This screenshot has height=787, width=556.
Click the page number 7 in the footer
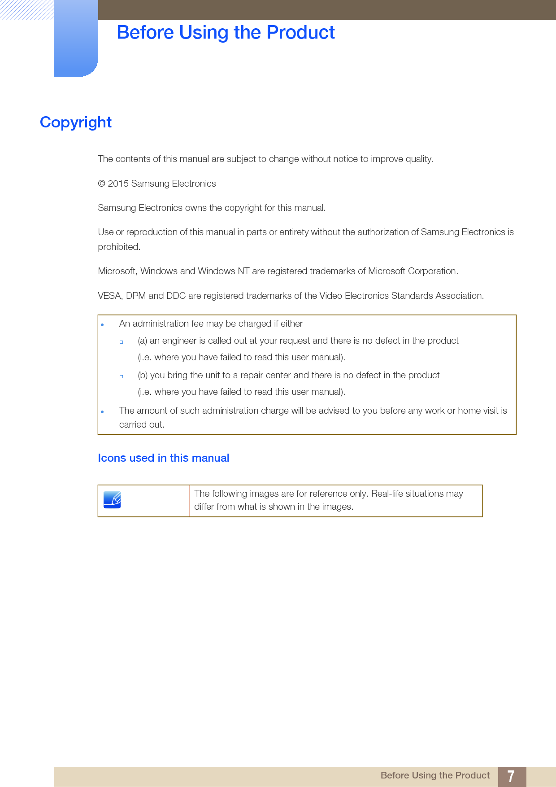(511, 776)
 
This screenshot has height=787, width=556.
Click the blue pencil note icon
(112, 500)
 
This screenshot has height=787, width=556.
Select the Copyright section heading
(76, 122)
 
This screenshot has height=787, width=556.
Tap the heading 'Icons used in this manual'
(163, 458)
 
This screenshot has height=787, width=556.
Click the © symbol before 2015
(101, 184)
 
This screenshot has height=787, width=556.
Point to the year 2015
(118, 184)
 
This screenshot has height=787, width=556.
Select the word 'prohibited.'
(119, 247)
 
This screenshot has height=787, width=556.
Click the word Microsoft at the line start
(117, 271)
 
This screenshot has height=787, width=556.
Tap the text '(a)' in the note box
(142, 341)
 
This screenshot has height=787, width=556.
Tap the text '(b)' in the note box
(143, 375)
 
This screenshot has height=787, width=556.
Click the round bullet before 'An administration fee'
(102, 324)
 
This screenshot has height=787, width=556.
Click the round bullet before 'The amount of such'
(102, 411)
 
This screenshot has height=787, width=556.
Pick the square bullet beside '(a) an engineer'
(121, 342)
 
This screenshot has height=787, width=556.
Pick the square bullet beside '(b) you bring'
(121, 376)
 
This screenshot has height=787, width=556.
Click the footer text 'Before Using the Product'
(434, 775)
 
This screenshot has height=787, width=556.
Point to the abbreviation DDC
(176, 296)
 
